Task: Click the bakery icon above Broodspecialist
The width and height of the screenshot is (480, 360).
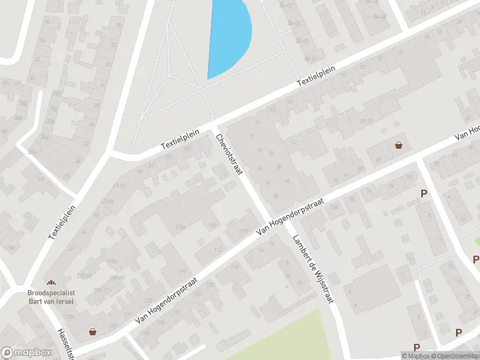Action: (x=50, y=283)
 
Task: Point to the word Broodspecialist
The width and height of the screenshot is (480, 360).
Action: (x=50, y=292)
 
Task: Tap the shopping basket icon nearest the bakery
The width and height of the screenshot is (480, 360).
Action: (x=92, y=331)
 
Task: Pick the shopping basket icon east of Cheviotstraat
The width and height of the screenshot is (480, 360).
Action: (x=399, y=145)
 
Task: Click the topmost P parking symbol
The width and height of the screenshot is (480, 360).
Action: (x=424, y=193)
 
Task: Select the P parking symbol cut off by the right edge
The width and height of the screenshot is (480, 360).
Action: (x=476, y=259)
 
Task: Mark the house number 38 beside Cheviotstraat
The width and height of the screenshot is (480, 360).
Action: (x=275, y=196)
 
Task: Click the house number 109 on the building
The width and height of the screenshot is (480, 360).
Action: (x=211, y=225)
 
